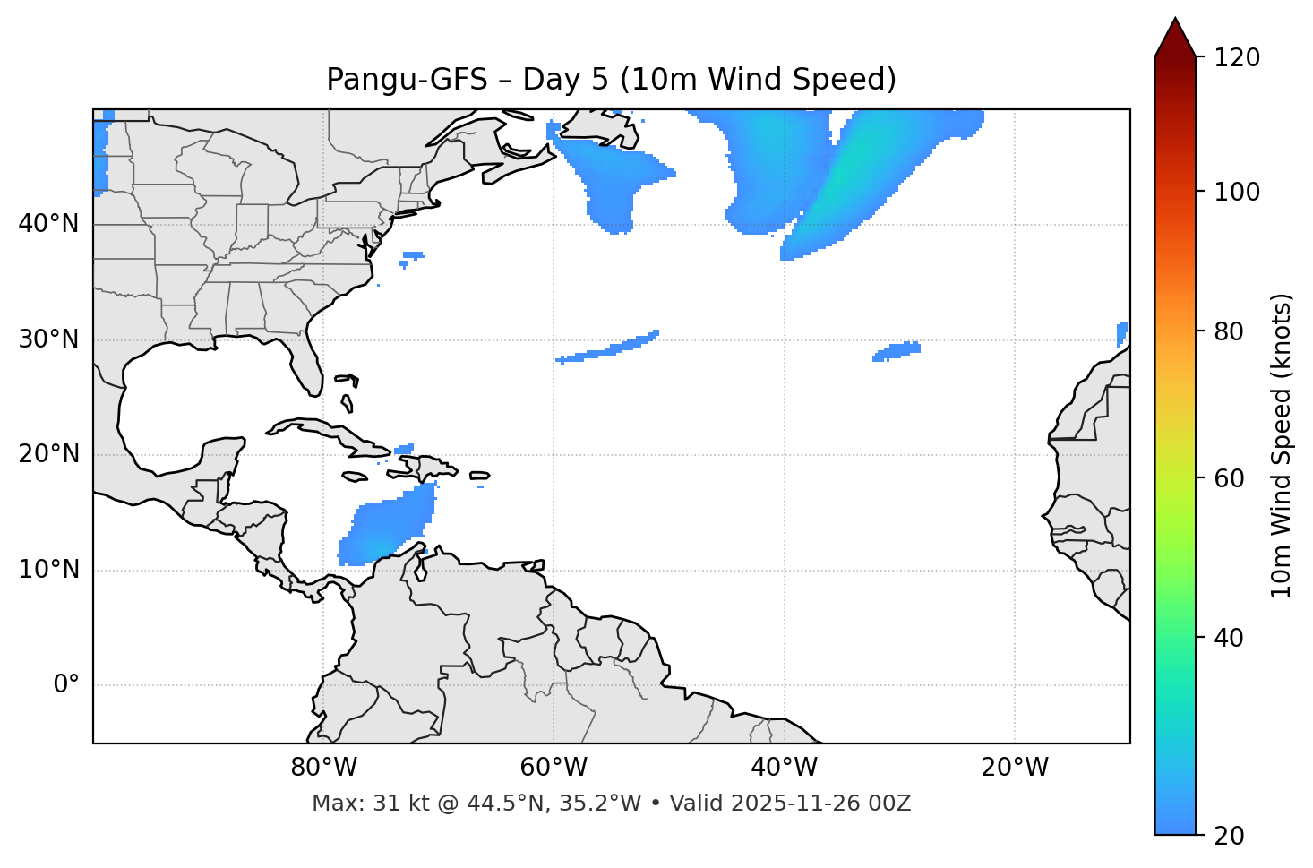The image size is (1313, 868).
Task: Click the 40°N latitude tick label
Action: [x=48, y=224]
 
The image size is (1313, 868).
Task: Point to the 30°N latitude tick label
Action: [x=48, y=339]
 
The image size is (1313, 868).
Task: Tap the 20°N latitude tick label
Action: [x=48, y=455]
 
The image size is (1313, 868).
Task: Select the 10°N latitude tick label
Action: [x=48, y=570]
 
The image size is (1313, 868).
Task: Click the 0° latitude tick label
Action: [x=66, y=685]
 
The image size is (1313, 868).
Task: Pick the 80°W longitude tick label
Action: [x=323, y=768]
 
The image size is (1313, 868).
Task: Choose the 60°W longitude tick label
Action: [x=554, y=768]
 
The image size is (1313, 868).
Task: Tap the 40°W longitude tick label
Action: [x=784, y=768]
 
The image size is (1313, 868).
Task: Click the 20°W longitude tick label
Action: [x=1015, y=768]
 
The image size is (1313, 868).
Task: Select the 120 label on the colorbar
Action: [x=1237, y=58]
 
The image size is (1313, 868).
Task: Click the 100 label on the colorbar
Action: [x=1237, y=192]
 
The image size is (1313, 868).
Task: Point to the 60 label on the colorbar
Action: [x=1229, y=478]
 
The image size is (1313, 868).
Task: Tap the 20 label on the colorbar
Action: [x=1229, y=836]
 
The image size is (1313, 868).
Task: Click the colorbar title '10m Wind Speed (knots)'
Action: [x=1282, y=445]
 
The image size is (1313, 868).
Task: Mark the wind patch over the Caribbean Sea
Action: [x=387, y=529]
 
